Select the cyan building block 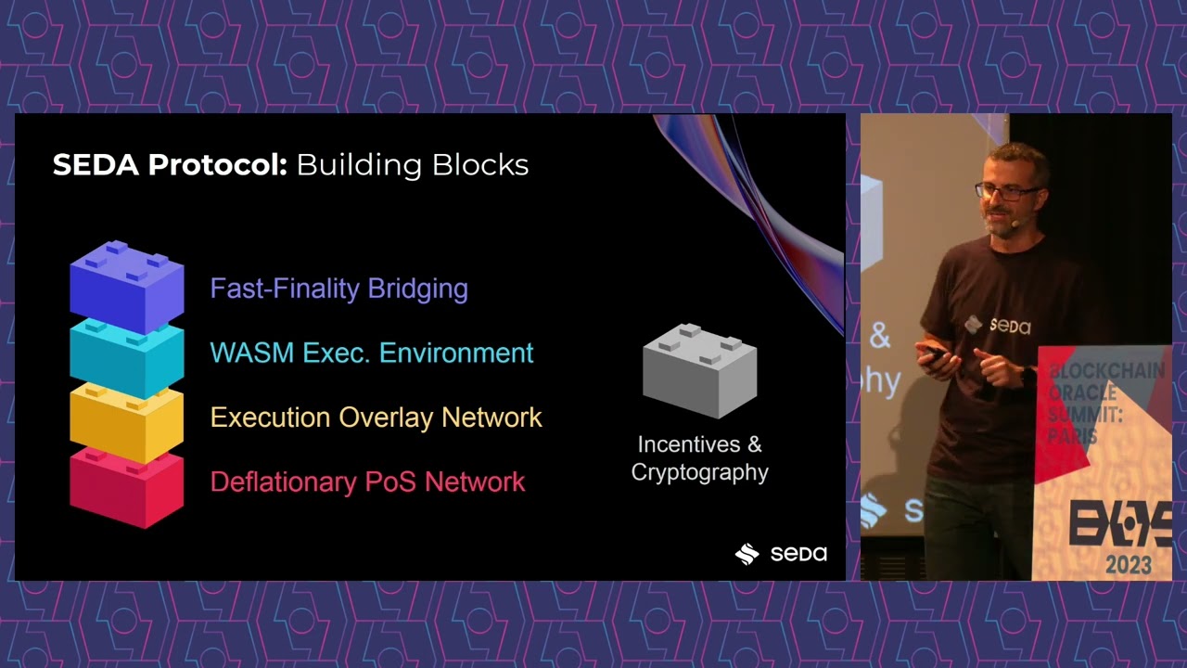(x=126, y=357)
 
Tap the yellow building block (x=126, y=422)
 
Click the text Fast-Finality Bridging (x=338, y=289)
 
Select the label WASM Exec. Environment (x=371, y=353)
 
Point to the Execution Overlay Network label (x=376, y=417)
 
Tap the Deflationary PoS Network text (x=367, y=482)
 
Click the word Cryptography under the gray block (x=699, y=472)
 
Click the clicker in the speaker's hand (x=933, y=353)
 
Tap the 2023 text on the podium (x=1128, y=564)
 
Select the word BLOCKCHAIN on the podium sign (x=1105, y=373)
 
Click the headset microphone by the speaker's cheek (x=1017, y=223)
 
